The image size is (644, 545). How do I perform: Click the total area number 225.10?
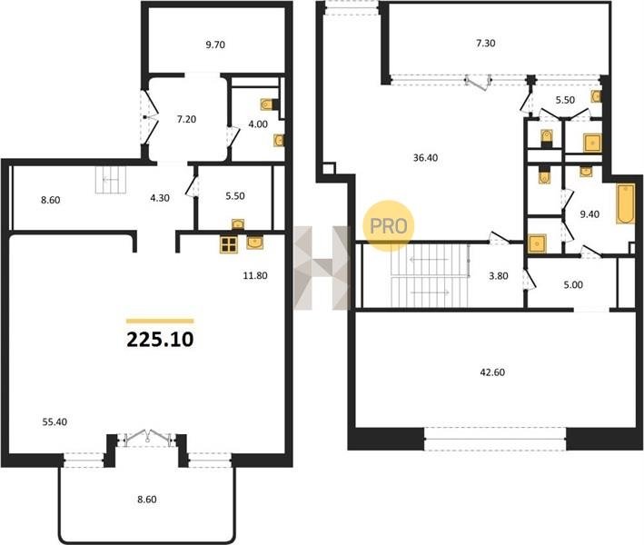click(160, 340)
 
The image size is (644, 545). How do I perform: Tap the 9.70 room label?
click(215, 45)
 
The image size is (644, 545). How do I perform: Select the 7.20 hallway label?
click(186, 120)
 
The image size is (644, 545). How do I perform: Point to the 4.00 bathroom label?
click(258, 124)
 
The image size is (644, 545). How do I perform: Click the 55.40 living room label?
click(54, 421)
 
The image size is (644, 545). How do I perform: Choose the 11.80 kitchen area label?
click(255, 275)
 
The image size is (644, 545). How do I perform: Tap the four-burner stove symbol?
click(228, 244)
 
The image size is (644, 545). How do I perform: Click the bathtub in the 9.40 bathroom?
click(625, 204)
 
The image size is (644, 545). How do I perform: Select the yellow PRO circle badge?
click(388, 226)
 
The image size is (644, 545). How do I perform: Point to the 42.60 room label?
click(492, 372)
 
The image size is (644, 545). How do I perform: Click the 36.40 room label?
click(425, 158)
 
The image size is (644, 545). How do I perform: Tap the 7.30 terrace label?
click(485, 43)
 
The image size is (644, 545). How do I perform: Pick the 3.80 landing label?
click(498, 276)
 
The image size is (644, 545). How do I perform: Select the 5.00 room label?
click(573, 284)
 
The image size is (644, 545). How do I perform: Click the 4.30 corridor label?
click(160, 198)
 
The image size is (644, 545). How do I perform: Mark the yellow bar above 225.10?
click(160, 322)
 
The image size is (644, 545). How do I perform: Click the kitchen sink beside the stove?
click(255, 243)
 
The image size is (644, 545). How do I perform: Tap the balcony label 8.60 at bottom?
click(146, 500)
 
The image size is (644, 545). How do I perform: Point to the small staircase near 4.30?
click(112, 180)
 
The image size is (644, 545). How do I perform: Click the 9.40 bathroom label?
click(590, 214)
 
